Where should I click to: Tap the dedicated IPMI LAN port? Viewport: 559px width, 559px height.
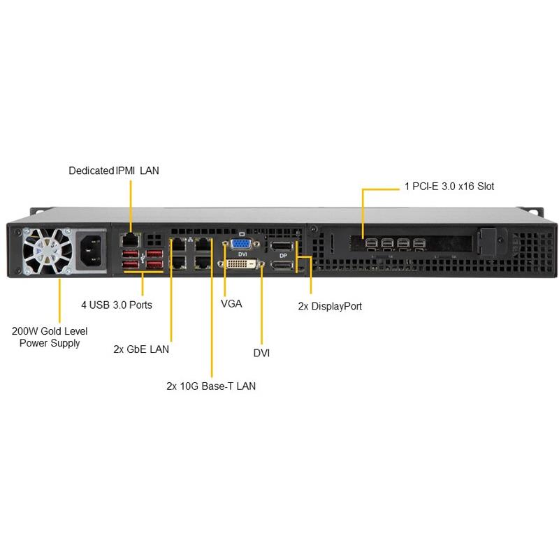[x=130, y=239]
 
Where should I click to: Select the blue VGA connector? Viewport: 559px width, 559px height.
[x=242, y=243]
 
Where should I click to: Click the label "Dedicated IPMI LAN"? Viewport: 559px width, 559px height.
[x=113, y=170]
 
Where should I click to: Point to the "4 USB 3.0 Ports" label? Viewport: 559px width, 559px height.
[x=116, y=305]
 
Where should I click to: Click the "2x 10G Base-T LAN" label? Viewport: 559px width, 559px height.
[x=211, y=386]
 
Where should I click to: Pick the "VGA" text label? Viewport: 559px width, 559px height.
[x=231, y=305]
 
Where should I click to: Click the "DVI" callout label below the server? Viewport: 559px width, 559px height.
[x=261, y=354]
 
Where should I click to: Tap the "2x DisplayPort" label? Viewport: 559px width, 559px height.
[x=330, y=306]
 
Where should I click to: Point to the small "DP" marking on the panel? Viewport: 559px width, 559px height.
[x=283, y=256]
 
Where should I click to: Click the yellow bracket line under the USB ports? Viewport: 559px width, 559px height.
[x=143, y=275]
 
